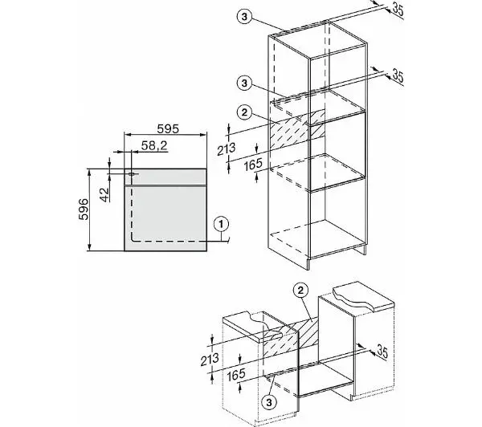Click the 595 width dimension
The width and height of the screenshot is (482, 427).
[168, 128]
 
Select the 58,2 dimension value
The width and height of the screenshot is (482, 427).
[154, 145]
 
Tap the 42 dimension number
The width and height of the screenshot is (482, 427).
[104, 194]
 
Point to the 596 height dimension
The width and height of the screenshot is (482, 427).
[84, 209]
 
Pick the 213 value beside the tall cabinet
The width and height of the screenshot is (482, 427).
[227, 149]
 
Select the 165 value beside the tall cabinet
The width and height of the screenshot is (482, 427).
[253, 165]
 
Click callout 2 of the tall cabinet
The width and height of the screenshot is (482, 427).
[244, 112]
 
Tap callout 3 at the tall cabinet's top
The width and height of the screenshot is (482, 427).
[244, 17]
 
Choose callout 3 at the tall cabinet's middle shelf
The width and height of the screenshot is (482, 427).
[244, 83]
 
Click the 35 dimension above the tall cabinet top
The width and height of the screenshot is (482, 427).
[397, 10]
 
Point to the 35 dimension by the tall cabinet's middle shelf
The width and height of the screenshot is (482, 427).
[398, 76]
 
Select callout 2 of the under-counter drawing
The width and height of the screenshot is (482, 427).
[300, 290]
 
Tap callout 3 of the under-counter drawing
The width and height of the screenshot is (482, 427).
[269, 402]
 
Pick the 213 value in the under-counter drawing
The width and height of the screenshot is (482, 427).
[210, 359]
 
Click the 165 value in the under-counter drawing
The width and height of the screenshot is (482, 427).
[236, 375]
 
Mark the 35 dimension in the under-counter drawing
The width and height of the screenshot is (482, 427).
[382, 352]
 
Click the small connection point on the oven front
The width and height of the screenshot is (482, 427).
[132, 174]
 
